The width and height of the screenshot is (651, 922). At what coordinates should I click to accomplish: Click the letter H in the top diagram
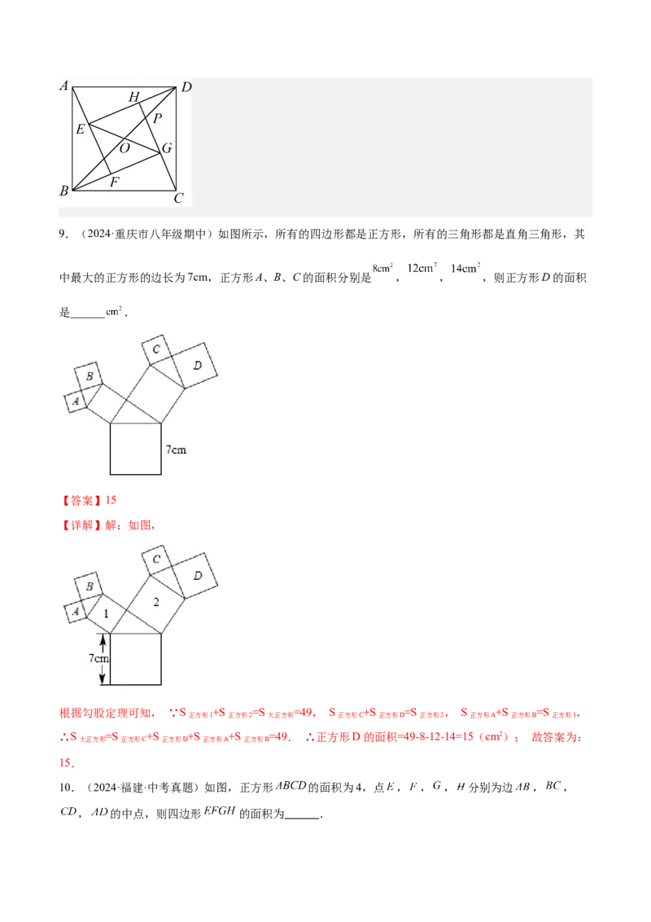click(134, 98)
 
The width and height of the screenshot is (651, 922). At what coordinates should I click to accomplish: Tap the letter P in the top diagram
click(157, 119)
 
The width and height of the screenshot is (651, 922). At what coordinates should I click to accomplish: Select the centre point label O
click(125, 148)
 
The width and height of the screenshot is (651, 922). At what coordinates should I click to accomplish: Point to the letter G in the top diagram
click(166, 148)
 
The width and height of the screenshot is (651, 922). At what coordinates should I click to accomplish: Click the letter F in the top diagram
click(114, 182)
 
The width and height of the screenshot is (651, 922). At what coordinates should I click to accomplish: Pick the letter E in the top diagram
click(80, 129)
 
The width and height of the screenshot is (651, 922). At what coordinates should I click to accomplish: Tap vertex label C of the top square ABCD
click(179, 197)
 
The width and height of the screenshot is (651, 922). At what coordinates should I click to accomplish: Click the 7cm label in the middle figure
click(177, 449)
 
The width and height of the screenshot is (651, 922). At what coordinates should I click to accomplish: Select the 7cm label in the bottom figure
click(100, 658)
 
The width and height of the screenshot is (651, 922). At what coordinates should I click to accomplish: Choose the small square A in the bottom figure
click(76, 611)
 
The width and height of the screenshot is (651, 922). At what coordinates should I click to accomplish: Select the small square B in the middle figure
click(90, 376)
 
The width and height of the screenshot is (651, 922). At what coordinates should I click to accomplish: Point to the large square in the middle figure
click(136, 449)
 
